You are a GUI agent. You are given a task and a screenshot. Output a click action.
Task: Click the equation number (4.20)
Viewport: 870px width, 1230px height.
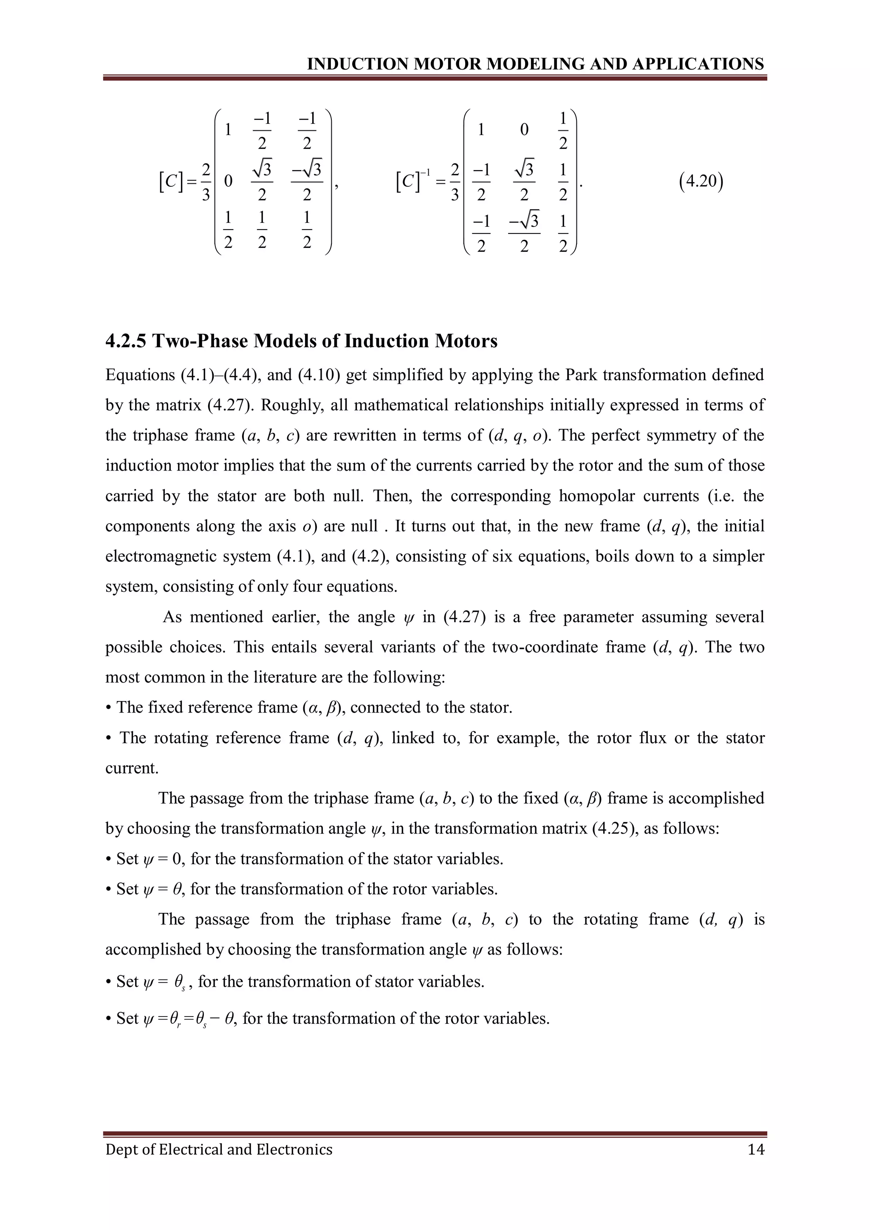click(701, 182)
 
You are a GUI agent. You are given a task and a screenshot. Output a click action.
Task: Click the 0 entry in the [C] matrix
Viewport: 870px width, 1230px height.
click(228, 182)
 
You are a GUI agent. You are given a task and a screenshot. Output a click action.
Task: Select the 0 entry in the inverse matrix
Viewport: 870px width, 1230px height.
click(524, 129)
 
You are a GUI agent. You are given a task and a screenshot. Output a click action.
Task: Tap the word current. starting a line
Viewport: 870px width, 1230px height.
click(132, 768)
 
